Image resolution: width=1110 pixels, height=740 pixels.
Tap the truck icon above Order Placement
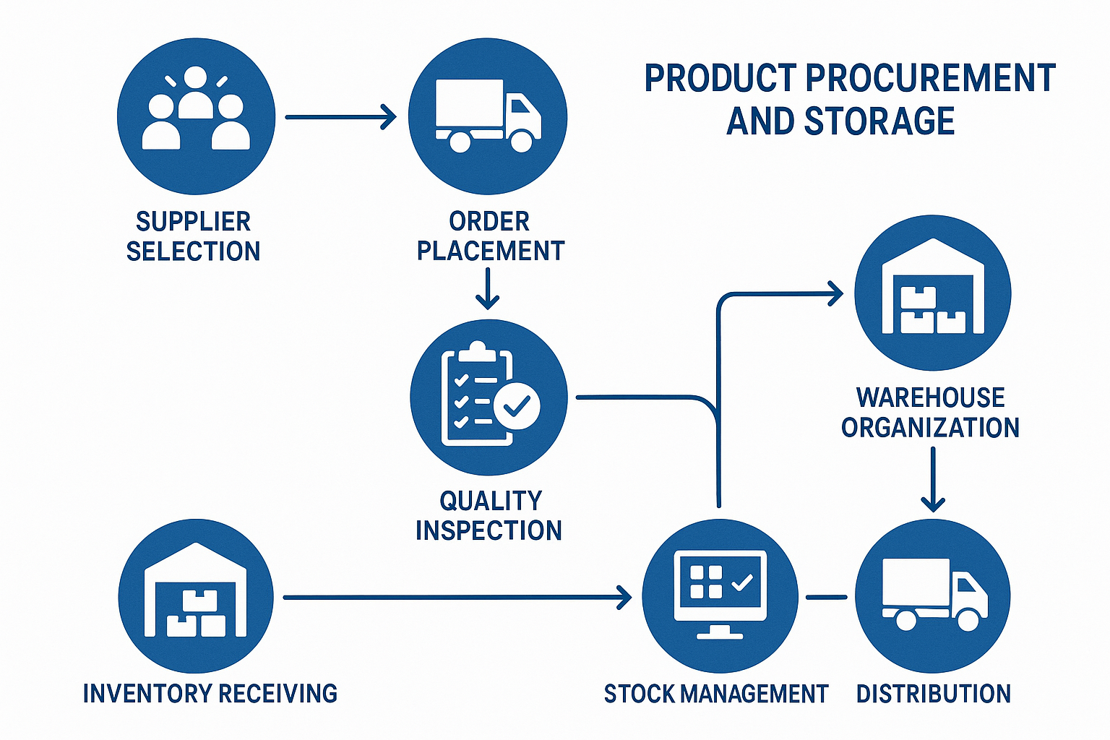[488, 116]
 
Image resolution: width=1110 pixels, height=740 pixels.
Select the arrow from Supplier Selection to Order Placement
[340, 116]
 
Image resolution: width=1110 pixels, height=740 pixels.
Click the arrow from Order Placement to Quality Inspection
[488, 288]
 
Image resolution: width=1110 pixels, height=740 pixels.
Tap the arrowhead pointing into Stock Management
[624, 597]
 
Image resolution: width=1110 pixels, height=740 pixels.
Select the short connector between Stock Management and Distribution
[826, 597]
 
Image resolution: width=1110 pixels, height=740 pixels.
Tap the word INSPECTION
[489, 530]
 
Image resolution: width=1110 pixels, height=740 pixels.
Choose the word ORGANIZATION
[930, 428]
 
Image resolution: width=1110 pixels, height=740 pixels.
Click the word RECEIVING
[277, 694]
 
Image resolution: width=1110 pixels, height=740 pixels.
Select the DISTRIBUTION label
[933, 694]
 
